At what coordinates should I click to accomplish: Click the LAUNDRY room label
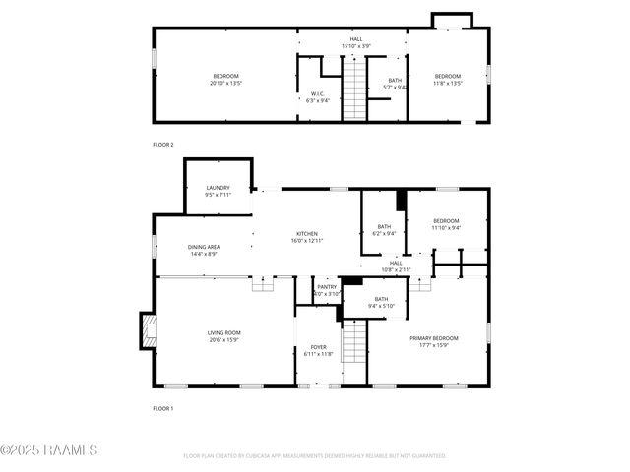[218, 188]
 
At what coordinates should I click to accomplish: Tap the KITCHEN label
[307, 233]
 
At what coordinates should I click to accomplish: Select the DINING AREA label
[205, 247]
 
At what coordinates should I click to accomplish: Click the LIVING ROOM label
[223, 332]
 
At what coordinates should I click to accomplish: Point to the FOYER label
[319, 347]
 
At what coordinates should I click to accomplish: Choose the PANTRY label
[327, 287]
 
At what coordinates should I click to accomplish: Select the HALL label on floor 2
[356, 39]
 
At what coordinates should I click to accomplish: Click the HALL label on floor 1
[396, 263]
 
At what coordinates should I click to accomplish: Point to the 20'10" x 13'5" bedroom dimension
[225, 83]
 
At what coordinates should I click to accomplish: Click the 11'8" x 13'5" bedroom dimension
[448, 83]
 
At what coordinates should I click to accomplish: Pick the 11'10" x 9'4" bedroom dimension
[446, 228]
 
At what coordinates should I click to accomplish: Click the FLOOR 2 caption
[163, 145]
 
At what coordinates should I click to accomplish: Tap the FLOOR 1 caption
[163, 408]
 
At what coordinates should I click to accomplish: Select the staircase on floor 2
[353, 88]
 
